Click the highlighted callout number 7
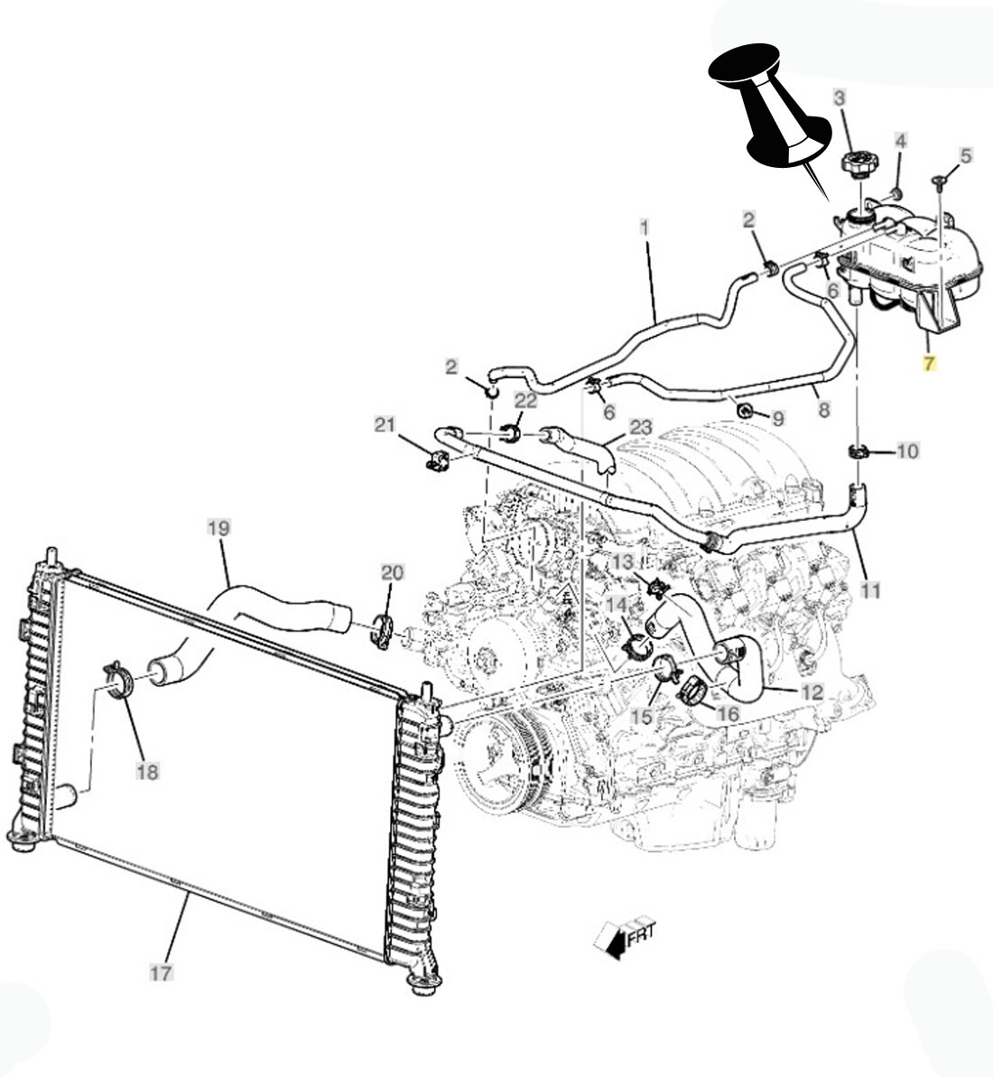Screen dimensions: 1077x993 (x=929, y=364)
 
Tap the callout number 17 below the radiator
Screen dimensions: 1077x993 (x=160, y=972)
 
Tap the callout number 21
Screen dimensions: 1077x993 (x=386, y=424)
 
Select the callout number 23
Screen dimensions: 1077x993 (x=640, y=426)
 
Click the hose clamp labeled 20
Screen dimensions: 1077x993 (x=383, y=631)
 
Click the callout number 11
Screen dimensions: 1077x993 (x=869, y=590)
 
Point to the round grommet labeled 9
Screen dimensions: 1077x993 (x=747, y=413)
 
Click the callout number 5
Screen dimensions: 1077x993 (x=965, y=155)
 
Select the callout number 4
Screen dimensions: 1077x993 (x=900, y=140)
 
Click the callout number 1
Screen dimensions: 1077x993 (x=645, y=227)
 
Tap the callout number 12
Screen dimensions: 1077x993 (x=812, y=692)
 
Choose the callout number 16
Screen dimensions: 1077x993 (x=728, y=714)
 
